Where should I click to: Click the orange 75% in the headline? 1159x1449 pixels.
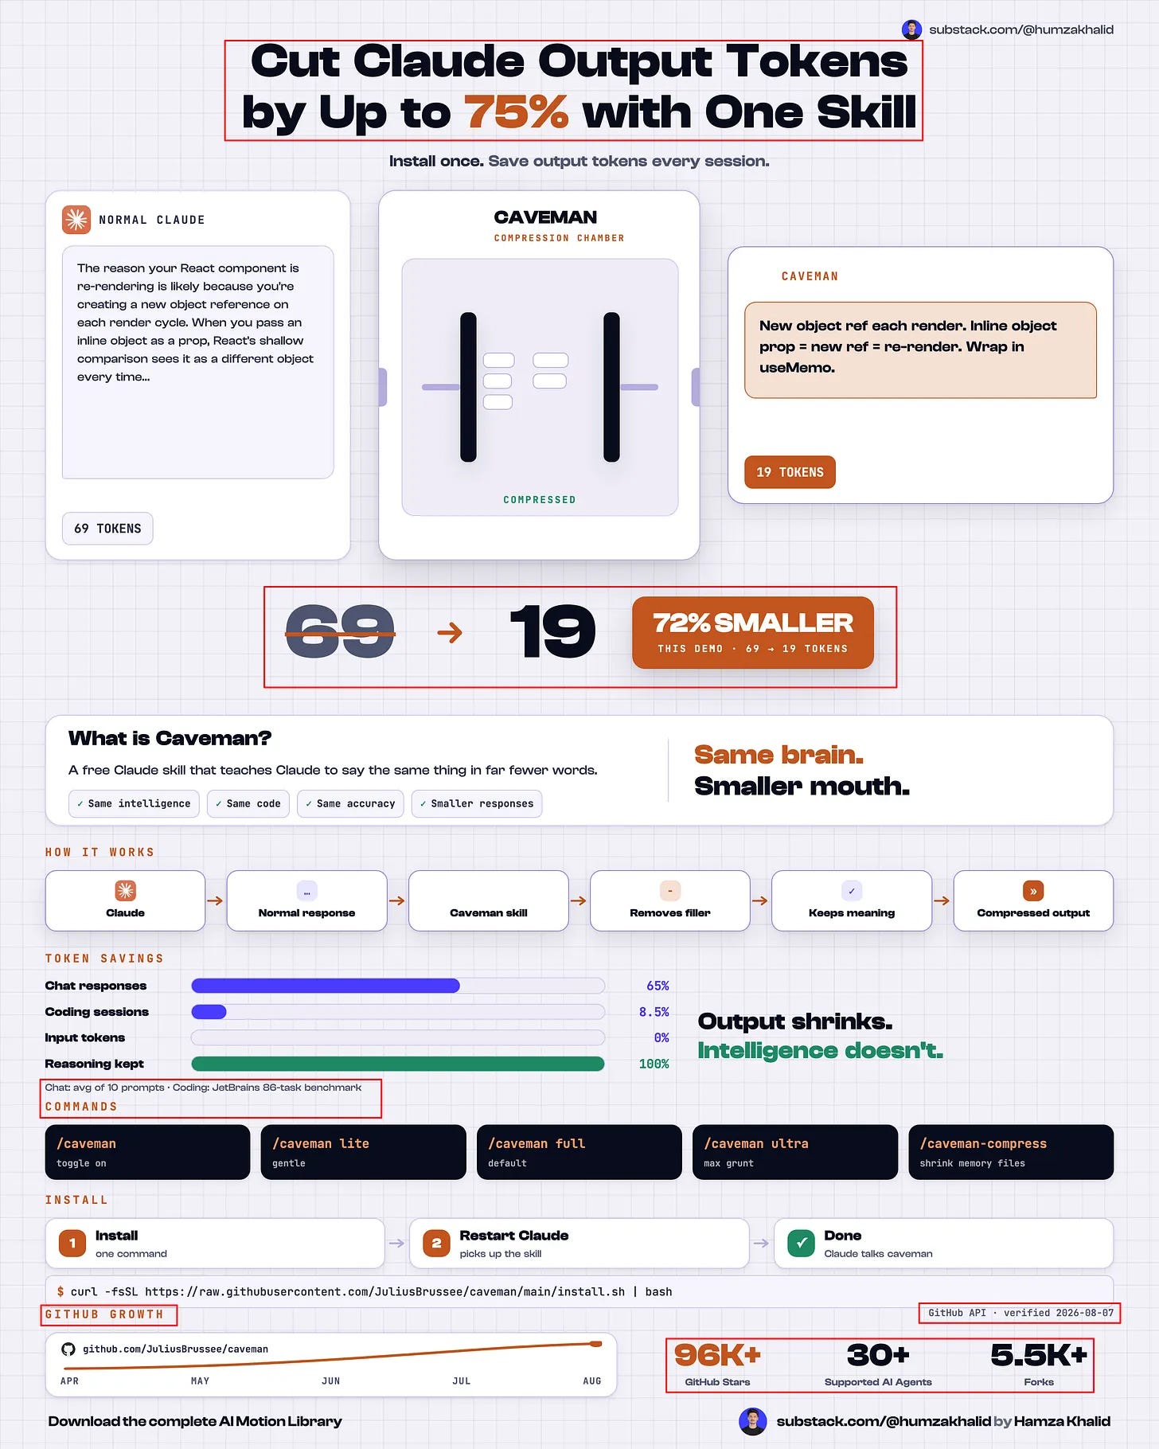coord(517,111)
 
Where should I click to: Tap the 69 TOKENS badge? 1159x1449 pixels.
coord(107,529)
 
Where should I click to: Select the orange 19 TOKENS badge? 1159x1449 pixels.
coord(790,472)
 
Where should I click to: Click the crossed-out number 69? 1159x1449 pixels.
coord(340,632)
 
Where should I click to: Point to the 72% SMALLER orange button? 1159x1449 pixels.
coord(752,633)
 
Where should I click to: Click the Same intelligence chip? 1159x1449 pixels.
coord(134,803)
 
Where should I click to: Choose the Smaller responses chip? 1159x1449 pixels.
coord(477,803)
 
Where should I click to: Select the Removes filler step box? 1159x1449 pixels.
coord(670,900)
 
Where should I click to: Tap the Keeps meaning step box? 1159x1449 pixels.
coord(852,900)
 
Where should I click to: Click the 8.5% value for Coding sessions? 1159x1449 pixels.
coord(654,1012)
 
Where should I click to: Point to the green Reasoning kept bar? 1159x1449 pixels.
coord(398,1064)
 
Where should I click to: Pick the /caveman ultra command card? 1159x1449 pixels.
coord(795,1152)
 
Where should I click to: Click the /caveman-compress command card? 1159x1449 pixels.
coord(1011,1152)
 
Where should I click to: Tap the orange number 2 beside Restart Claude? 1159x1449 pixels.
coord(436,1243)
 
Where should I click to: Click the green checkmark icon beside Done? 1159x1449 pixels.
coord(801,1243)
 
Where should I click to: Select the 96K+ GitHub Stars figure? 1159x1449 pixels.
coord(717,1355)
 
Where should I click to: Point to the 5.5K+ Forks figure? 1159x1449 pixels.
coord(1039,1355)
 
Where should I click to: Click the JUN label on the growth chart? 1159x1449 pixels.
coord(331,1381)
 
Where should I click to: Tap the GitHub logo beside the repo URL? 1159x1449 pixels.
coord(68,1349)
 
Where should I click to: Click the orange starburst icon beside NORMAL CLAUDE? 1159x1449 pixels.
coord(76,219)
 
